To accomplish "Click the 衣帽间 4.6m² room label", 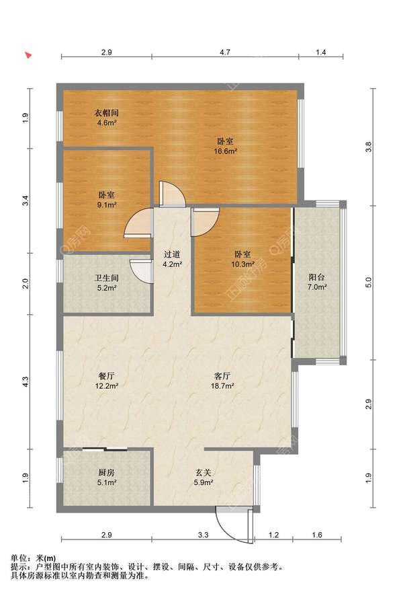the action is (106, 118).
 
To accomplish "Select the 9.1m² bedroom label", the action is (107, 200).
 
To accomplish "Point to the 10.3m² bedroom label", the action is (243, 259).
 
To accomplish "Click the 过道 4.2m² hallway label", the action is (172, 259).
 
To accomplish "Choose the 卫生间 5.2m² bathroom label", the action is (107, 283).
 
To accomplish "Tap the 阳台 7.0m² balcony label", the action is (317, 282).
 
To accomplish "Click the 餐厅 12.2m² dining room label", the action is (107, 381).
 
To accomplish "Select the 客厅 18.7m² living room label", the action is (222, 381).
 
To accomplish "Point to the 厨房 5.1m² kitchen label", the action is (107, 478).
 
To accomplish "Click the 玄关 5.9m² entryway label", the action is (204, 478).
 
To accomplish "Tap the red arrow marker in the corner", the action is (28, 55).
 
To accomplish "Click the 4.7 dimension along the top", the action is (225, 52).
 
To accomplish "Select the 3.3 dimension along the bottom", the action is (204, 535).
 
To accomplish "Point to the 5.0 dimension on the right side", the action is (369, 283).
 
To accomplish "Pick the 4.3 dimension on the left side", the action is (25, 381).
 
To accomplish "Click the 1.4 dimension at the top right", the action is (321, 52).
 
